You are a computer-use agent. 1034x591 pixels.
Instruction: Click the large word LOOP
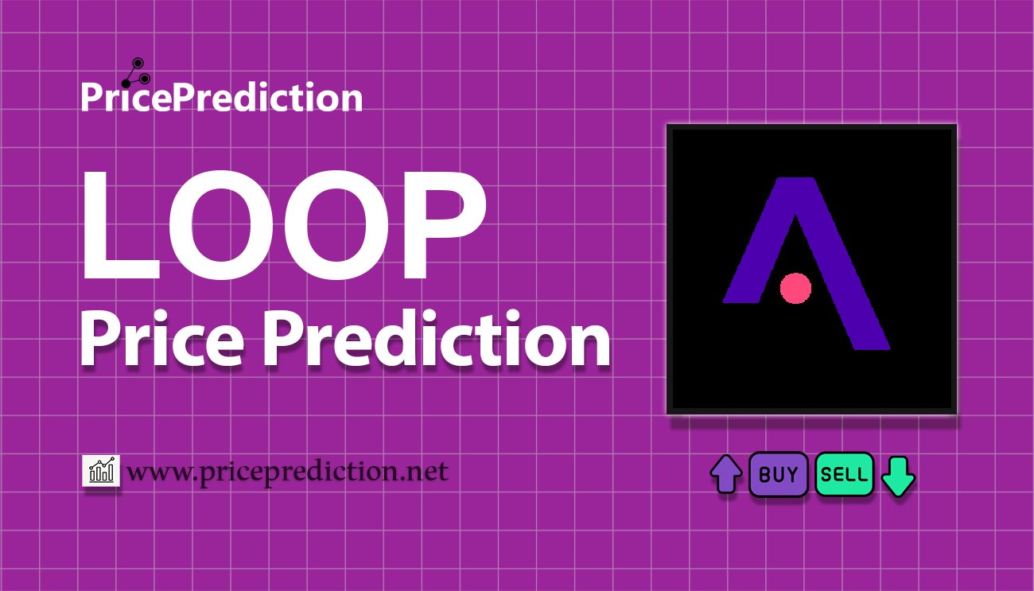pos(282,227)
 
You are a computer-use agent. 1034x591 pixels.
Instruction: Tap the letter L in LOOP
pos(111,227)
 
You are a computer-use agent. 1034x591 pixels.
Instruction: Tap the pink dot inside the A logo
pos(795,288)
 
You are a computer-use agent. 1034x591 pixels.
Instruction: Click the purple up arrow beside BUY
pos(725,475)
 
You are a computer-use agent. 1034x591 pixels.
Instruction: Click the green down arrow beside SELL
pos(899,475)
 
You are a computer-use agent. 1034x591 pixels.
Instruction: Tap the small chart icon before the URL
pos(101,471)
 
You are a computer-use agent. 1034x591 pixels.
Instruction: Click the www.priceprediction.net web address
pos(288,472)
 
